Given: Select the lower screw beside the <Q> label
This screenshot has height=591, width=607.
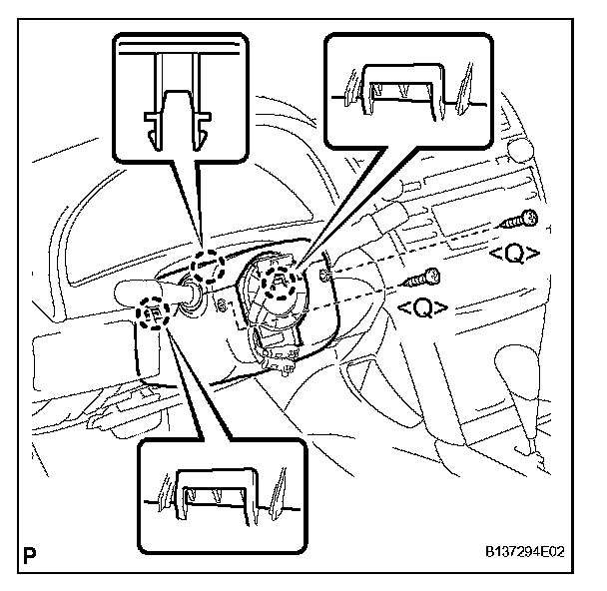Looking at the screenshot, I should [x=423, y=279].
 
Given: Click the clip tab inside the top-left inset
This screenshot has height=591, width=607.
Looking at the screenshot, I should [x=176, y=119].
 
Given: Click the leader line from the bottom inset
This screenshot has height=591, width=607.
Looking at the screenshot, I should [x=195, y=384].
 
